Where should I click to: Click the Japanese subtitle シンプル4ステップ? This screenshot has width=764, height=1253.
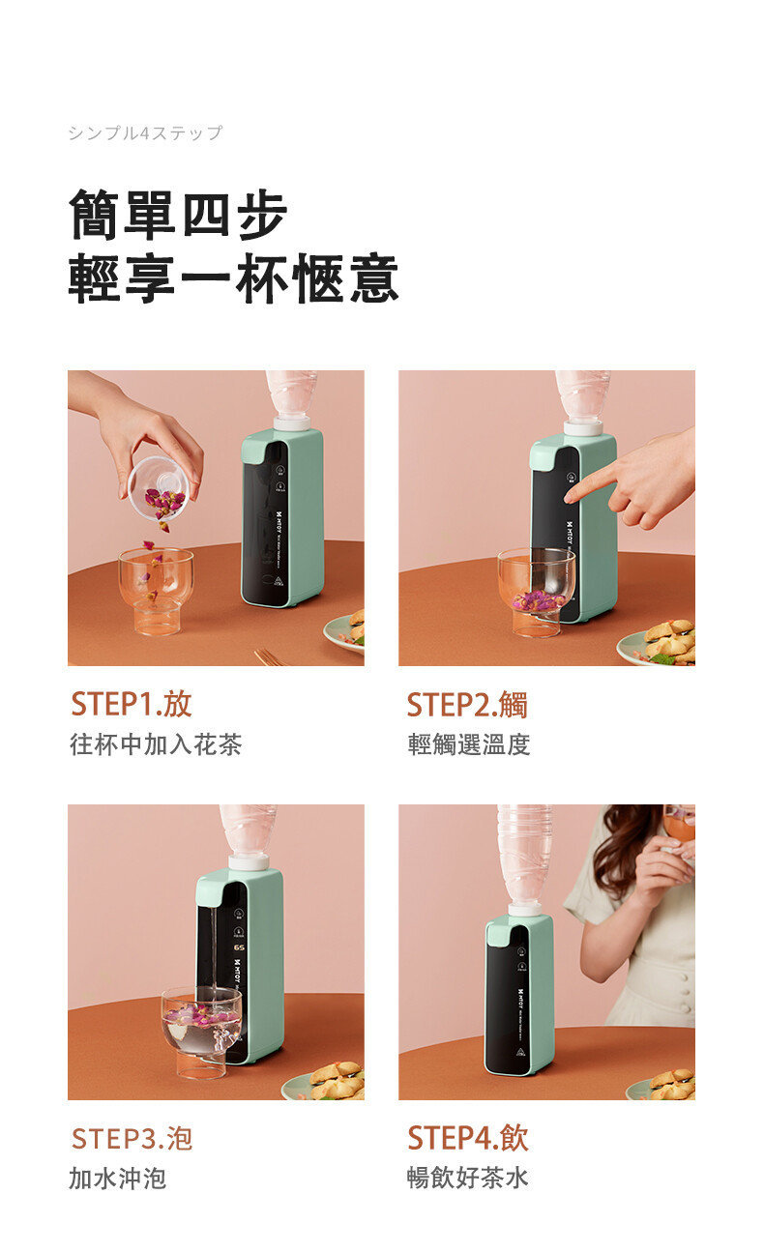point(145,133)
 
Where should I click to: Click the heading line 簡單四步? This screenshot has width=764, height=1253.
point(178,215)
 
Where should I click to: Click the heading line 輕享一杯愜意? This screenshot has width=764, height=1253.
point(233,279)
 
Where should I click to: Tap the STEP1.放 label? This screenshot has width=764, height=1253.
point(132,704)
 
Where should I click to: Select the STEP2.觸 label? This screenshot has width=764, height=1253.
point(467,704)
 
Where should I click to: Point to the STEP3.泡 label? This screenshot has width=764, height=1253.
point(132,1138)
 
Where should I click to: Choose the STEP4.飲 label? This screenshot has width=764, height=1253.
point(468,1138)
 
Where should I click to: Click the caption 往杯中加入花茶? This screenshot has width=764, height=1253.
point(156,744)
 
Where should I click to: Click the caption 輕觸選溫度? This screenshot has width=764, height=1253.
point(469,744)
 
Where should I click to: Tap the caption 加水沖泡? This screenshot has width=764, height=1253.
point(117,1179)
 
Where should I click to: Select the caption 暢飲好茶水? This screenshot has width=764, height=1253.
point(468,1179)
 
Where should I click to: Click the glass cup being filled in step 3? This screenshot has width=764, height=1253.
point(201,1027)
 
